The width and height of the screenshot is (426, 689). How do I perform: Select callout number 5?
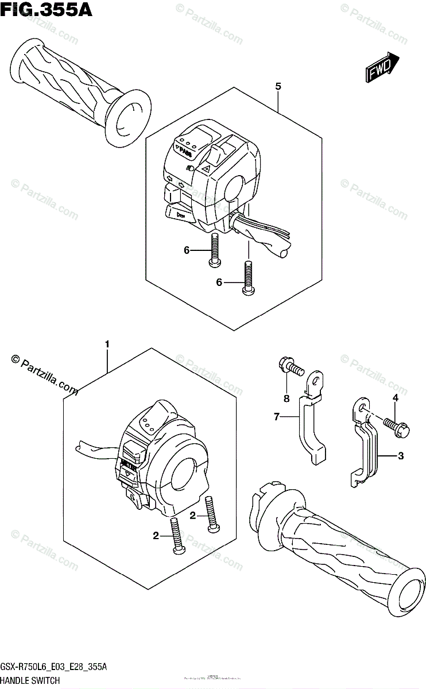[x=278, y=87]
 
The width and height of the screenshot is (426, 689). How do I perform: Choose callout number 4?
[x=396, y=398]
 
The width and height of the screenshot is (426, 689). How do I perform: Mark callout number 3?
[x=401, y=456]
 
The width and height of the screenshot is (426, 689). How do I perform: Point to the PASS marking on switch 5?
[x=185, y=152]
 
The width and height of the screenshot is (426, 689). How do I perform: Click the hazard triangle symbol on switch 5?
[x=205, y=168]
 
